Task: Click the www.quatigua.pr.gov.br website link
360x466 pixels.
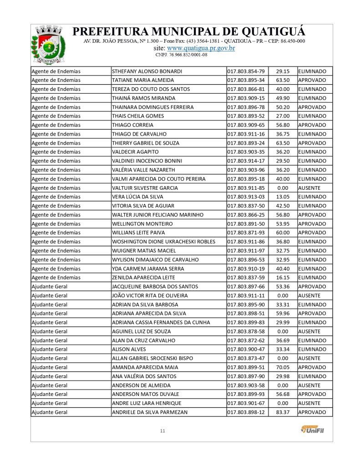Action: point(201,48)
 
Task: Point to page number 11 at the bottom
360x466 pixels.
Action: point(162,431)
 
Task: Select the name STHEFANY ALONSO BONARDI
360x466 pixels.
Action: point(147,71)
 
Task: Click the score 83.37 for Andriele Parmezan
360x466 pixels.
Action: point(283,412)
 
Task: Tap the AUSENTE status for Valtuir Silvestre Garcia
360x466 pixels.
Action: point(309,188)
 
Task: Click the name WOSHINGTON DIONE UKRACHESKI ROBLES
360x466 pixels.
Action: point(163,242)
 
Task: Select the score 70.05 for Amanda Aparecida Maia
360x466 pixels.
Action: point(283,367)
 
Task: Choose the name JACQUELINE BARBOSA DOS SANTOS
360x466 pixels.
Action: point(155,287)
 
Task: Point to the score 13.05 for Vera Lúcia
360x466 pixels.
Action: point(283,197)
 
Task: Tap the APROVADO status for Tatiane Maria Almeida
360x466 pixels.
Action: point(312,81)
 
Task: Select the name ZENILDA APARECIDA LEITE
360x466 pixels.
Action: point(143,278)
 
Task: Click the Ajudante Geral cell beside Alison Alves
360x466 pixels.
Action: point(50,349)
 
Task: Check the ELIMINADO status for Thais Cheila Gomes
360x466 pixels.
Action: point(312,116)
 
